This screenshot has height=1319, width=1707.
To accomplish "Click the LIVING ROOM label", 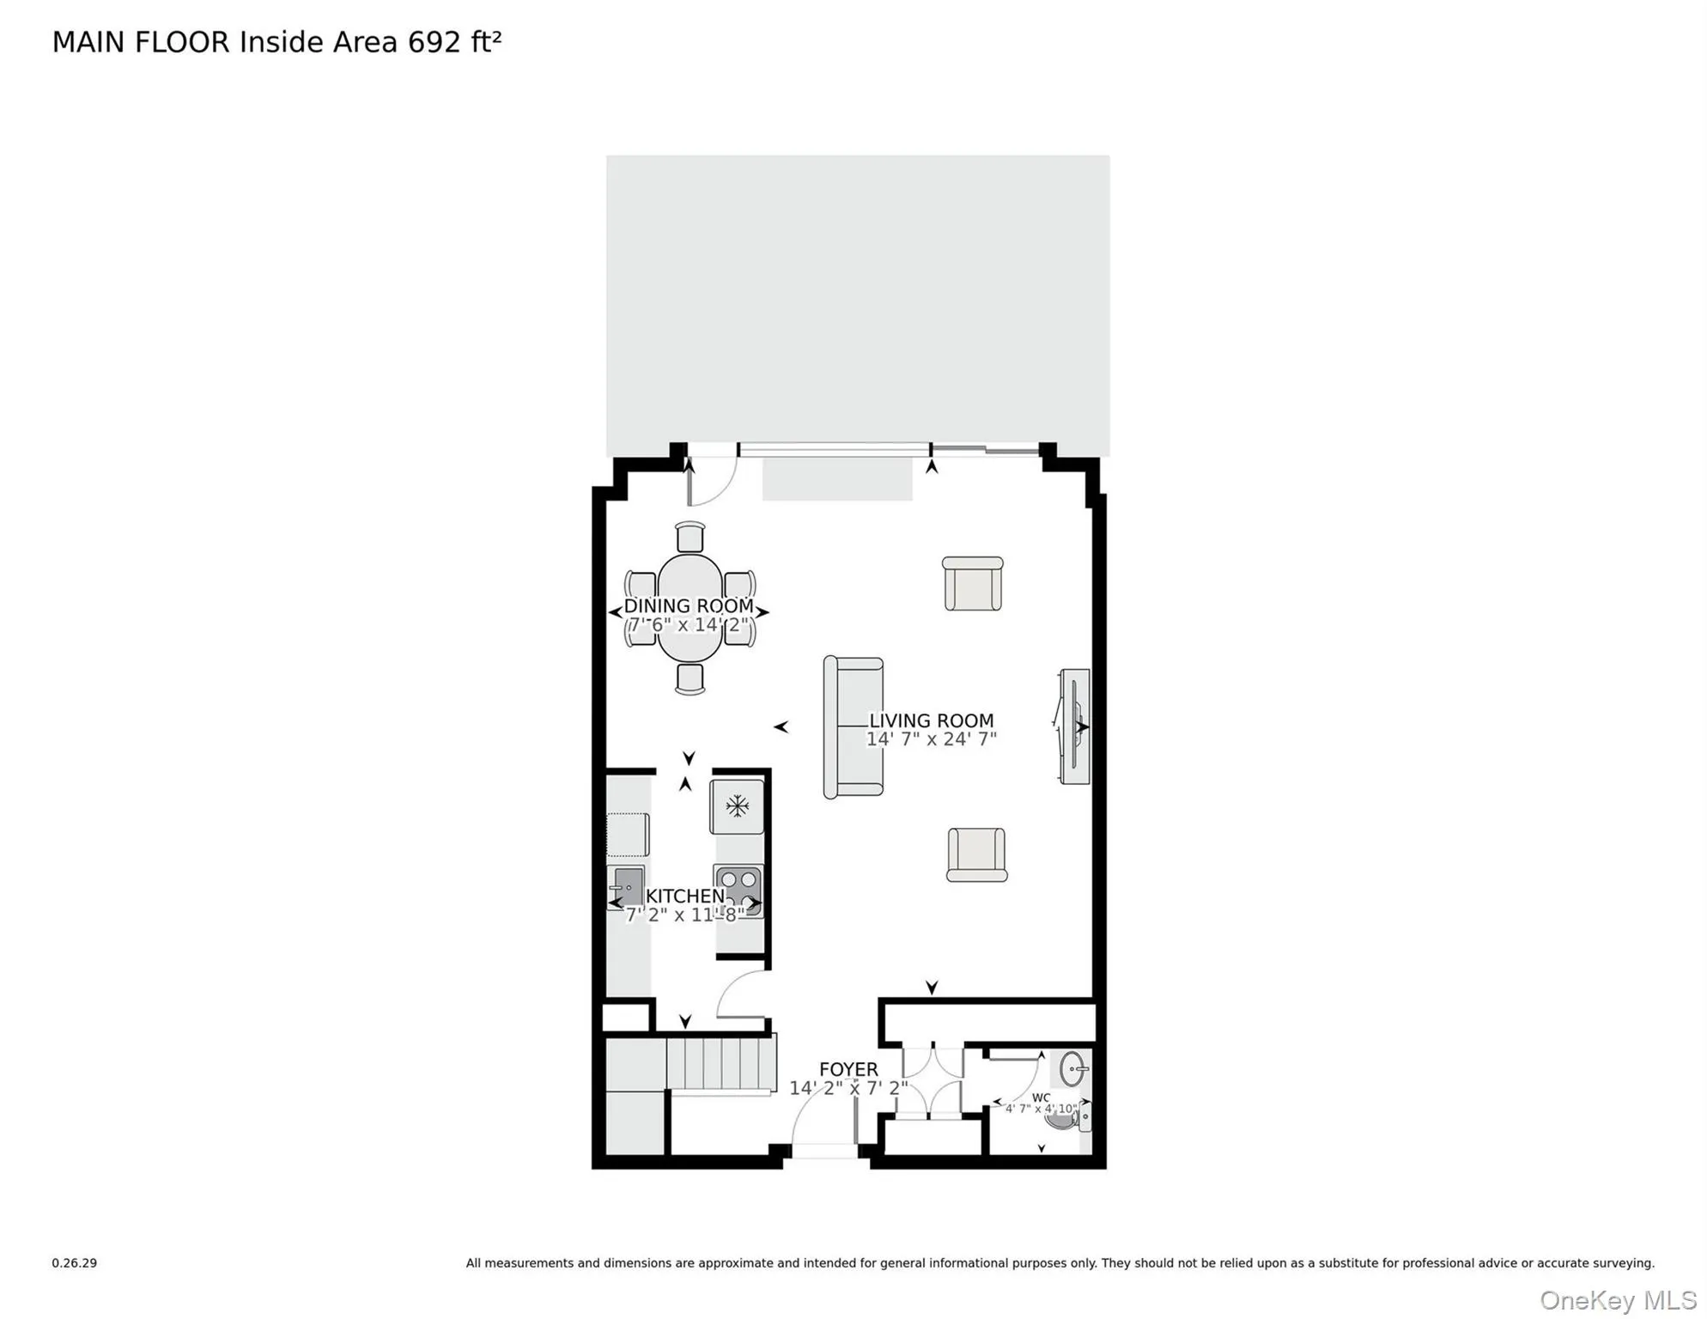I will click(931, 720).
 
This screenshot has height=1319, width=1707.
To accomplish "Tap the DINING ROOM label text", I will click(688, 605).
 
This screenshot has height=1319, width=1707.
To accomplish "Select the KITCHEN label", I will click(685, 896).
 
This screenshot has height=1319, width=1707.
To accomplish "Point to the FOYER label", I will click(848, 1069).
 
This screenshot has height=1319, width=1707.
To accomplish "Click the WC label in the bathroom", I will click(1041, 1097).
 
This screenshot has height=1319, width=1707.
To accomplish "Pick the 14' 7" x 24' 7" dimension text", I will click(931, 739).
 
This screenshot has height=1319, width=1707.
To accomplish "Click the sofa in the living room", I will click(853, 727).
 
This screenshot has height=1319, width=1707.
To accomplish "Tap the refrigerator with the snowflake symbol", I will click(737, 805).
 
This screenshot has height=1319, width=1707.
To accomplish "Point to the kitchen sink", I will click(628, 885).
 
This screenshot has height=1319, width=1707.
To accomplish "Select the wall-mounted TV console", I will click(1074, 726).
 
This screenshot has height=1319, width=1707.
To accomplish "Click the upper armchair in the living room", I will click(973, 584).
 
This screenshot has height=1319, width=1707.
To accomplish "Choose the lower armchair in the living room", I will click(976, 854).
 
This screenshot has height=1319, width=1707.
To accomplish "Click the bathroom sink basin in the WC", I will click(1072, 1070).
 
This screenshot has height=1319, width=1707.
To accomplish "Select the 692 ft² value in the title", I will click(454, 41).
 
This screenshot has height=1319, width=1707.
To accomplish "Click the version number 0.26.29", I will click(74, 1262).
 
